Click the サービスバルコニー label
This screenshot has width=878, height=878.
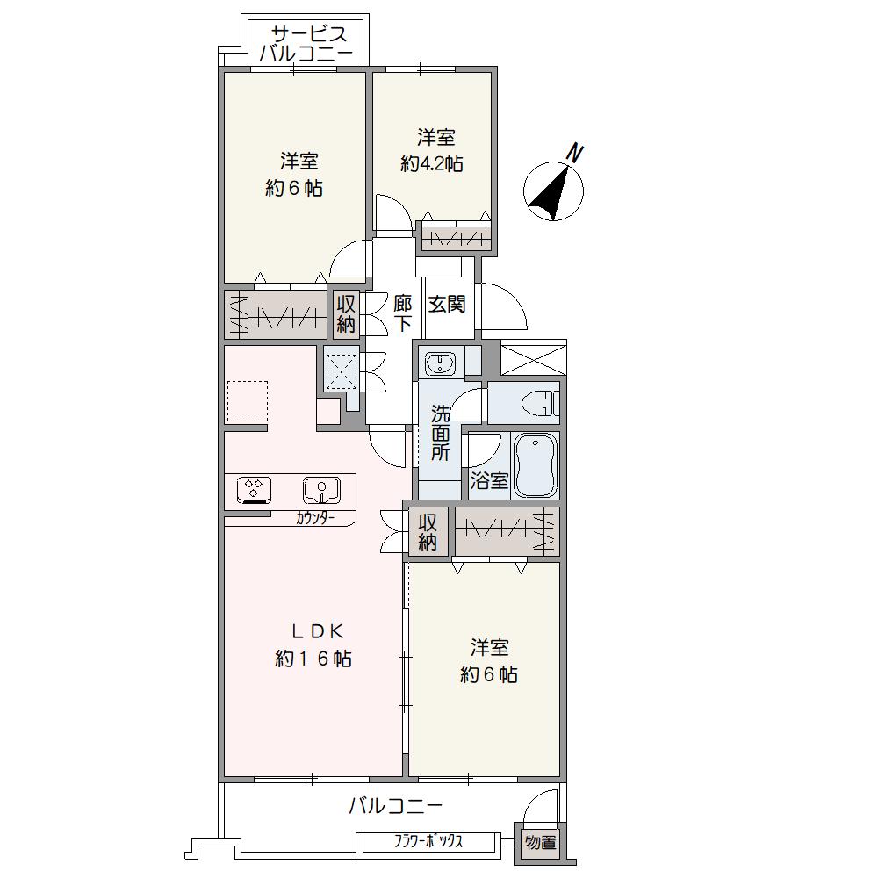(306, 44)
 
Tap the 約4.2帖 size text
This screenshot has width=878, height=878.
(432, 163)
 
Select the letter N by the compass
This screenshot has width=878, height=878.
(575, 152)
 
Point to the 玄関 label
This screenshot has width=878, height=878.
(447, 304)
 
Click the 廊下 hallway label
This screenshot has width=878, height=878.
(402, 313)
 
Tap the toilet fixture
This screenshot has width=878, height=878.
(540, 403)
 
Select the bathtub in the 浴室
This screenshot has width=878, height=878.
(536, 465)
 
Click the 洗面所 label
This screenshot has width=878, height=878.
(440, 432)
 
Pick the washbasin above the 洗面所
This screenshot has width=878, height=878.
(442, 364)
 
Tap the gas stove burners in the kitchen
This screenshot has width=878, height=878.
(255, 488)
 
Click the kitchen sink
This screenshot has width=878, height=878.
(320, 490)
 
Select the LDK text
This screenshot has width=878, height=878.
(316, 631)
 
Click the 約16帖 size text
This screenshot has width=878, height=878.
(313, 658)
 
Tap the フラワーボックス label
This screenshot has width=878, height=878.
(428, 841)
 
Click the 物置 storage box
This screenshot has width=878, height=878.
(540, 842)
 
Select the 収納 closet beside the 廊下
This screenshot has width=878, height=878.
(346, 313)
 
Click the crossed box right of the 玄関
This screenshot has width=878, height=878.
(533, 358)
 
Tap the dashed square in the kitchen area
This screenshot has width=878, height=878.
(247, 401)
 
